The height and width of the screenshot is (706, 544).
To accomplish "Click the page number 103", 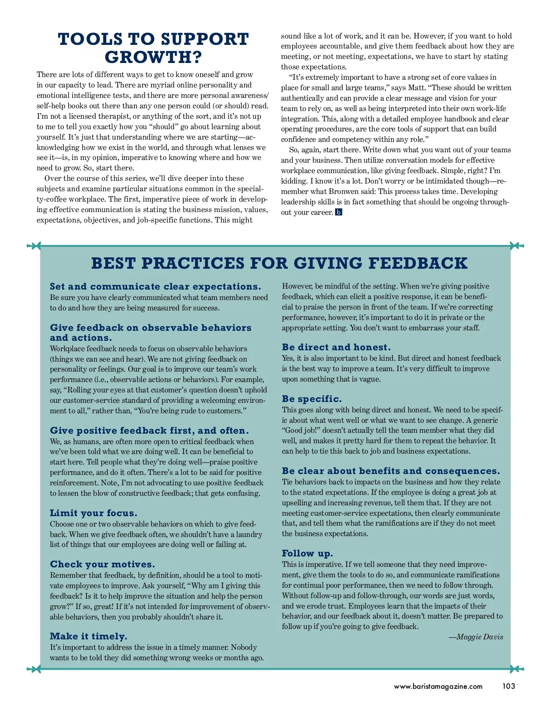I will point(509,686).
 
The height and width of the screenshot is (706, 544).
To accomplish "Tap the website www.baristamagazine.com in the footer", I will point(438,687).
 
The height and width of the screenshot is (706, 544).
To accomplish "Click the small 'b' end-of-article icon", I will point(339,212).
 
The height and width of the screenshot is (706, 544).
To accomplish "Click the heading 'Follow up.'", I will point(307,553).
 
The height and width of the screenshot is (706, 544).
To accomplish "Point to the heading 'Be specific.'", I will point(312,399).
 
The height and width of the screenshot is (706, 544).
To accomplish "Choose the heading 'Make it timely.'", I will point(88,636).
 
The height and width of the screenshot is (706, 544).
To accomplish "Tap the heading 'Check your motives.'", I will point(102,564).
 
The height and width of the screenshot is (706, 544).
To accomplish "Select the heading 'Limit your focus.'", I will point(93,513).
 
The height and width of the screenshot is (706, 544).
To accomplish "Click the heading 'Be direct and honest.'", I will point(336,347).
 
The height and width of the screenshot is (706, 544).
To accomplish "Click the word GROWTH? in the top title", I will point(153,58).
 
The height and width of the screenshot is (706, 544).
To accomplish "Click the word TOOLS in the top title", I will point(90,39).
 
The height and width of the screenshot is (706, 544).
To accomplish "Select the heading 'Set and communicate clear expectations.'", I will point(155,286).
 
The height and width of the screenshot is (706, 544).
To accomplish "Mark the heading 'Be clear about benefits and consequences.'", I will point(391,471).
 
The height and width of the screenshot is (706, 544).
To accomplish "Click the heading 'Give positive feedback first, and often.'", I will point(149,430).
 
